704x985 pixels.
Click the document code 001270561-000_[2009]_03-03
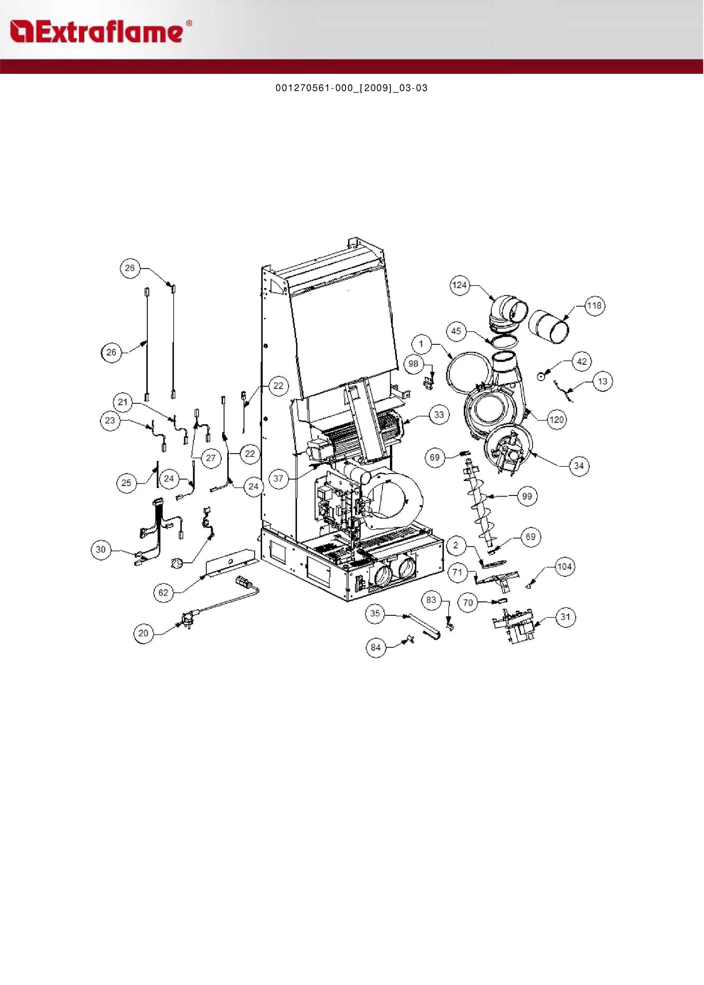[352, 88]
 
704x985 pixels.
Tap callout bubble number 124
[459, 285]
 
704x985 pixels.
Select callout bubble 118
[594, 305]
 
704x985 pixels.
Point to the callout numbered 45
[456, 331]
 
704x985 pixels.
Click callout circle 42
[582, 361]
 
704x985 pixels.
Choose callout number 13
[603, 381]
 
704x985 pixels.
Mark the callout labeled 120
[557, 420]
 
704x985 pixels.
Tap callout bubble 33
[439, 414]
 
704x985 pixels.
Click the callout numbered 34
[579, 466]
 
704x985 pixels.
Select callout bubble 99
[527, 496]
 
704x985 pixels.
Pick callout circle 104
[565, 566]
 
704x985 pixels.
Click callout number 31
[565, 617]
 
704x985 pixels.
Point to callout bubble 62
[163, 592]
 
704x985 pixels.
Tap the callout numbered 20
[143, 633]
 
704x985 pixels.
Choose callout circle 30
[101, 549]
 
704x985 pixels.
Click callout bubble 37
[278, 478]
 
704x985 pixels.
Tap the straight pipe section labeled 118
[548, 326]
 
